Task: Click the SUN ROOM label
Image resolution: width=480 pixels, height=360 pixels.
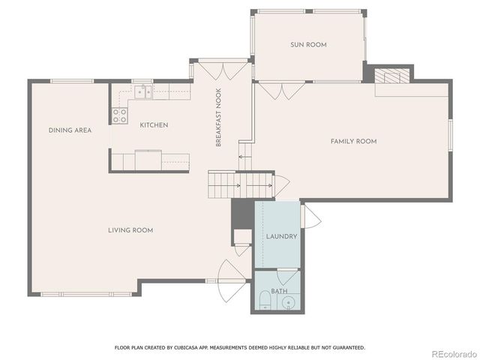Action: click(x=308, y=45)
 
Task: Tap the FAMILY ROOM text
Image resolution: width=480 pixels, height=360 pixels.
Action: click(x=353, y=141)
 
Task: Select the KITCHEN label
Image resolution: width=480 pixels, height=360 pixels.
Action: click(x=153, y=124)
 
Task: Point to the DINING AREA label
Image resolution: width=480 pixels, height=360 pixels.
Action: click(x=70, y=130)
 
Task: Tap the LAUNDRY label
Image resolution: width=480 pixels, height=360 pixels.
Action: click(x=281, y=236)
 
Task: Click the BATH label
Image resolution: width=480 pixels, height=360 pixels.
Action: click(x=278, y=290)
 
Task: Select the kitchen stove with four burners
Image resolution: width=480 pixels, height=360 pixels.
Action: click(x=119, y=115)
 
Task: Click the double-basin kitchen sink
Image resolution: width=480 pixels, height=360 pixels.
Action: click(x=143, y=91)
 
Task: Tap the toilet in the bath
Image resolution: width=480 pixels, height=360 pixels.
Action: click(x=264, y=301)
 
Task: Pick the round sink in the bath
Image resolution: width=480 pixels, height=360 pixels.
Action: click(x=289, y=303)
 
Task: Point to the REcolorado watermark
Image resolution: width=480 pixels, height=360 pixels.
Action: click(x=453, y=352)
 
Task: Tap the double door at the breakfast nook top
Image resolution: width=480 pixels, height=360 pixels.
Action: click(x=223, y=70)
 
